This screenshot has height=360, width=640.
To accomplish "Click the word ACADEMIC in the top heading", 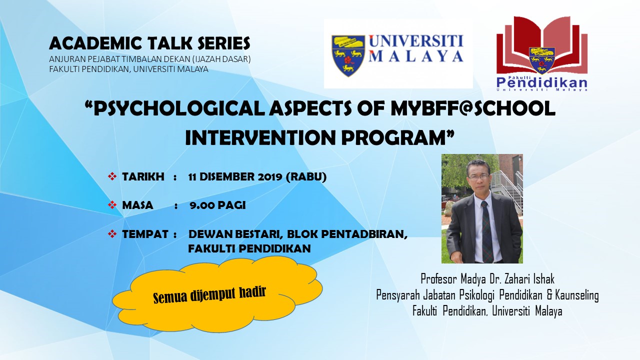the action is pos(95,43).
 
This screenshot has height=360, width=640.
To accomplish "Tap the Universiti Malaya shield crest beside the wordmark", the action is pos(348,55).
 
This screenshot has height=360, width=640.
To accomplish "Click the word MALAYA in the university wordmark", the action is pos(415,56).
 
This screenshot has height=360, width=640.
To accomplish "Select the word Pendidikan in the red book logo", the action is pos(541,83).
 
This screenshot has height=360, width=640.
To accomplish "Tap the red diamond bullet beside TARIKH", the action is pos(112,176).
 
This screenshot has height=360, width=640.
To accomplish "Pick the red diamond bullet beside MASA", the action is pos(112,205).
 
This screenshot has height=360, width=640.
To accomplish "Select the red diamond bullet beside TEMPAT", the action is pos(112,234).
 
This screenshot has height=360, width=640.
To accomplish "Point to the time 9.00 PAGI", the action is pos(217,205).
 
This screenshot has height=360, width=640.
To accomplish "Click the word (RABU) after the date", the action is pos(306,177).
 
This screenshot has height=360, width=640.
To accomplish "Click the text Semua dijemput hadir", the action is pos(209,294).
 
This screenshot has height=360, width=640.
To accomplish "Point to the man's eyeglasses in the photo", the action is pos(478,177).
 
